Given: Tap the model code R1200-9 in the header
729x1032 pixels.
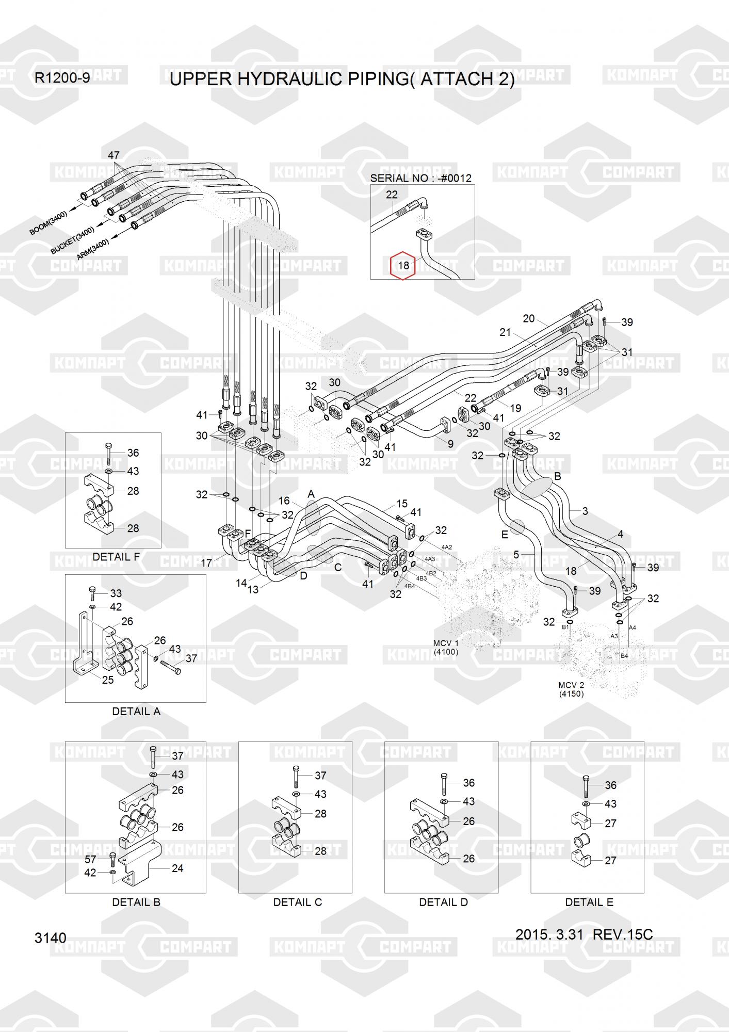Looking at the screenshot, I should [62, 78].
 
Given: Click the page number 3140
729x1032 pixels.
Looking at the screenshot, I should [50, 938].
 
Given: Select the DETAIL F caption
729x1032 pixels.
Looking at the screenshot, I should [116, 557].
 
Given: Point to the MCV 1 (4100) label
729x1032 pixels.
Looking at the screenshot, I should [446, 647].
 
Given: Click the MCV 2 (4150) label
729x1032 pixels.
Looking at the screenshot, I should [571, 689].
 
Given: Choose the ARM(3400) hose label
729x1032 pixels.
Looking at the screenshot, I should [93, 249].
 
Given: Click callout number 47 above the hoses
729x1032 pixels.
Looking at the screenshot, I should [114, 155].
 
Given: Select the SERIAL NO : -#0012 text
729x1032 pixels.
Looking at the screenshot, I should [420, 178].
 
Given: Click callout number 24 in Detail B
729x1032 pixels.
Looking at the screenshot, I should [177, 868].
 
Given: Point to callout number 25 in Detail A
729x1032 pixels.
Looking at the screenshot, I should [108, 680].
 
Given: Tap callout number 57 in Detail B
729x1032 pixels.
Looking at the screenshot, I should [90, 859].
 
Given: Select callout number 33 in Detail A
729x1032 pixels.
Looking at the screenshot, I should [116, 593].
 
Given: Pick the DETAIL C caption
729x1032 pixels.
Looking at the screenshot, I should [298, 902].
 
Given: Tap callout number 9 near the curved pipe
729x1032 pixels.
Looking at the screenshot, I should [450, 443].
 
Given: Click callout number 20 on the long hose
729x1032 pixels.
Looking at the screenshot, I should [529, 318].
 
